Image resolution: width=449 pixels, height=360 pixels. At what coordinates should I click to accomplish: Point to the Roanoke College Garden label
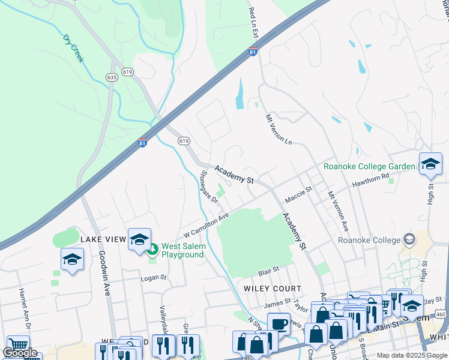coord(369,166)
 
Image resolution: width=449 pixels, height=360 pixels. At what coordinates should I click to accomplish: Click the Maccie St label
coord(298,193)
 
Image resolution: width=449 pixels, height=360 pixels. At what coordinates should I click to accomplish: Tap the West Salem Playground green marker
coord(152,248)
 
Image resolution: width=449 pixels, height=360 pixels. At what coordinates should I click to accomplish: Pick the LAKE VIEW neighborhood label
coord(103,239)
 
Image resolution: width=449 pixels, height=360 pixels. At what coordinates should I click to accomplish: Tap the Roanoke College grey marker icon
coord(410,239)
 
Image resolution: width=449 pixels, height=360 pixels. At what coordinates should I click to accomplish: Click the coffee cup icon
coord(278,324)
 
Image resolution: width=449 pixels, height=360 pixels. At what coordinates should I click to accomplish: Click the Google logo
coord(20,353)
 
